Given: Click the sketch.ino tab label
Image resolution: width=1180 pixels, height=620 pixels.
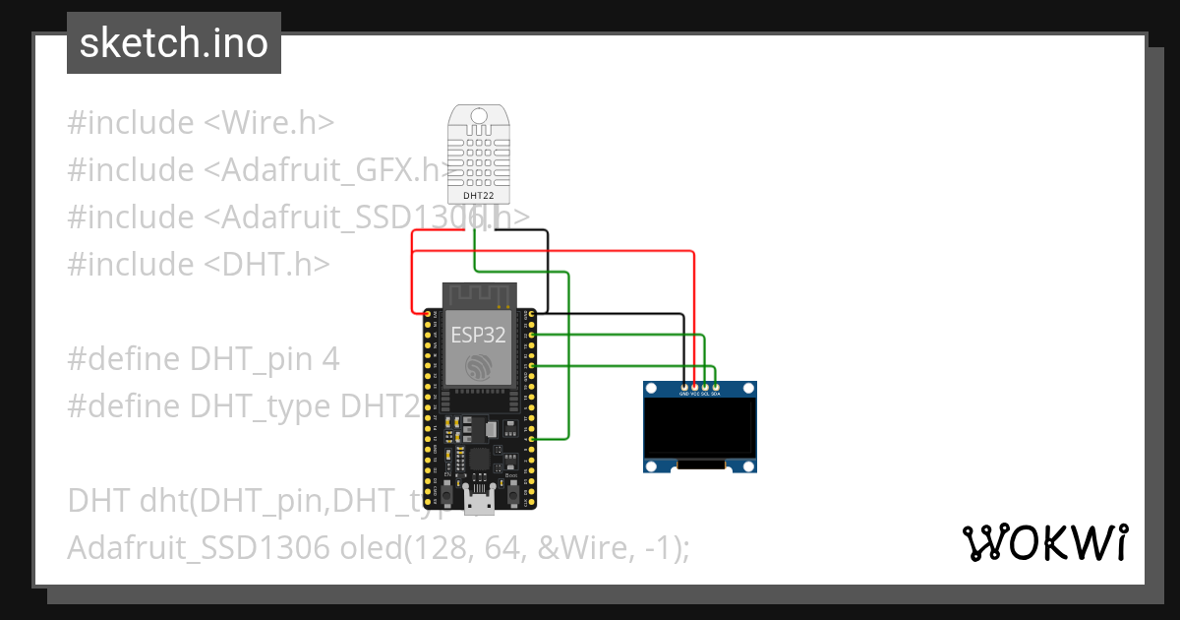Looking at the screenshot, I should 173,43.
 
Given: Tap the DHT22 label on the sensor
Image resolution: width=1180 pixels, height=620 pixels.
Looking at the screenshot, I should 478,196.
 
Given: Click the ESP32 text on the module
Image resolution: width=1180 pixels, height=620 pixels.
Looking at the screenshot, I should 478,335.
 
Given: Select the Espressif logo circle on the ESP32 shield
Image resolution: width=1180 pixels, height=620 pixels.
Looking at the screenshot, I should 479,367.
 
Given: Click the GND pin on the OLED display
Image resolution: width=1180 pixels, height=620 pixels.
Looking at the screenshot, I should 684,386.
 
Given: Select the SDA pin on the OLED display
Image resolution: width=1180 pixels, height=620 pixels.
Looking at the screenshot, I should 716,386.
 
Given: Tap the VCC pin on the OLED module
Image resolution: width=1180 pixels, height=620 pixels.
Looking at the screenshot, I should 695,386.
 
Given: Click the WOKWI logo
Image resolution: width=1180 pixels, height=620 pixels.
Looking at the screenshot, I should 1044,542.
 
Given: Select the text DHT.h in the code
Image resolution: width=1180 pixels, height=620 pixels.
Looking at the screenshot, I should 267,265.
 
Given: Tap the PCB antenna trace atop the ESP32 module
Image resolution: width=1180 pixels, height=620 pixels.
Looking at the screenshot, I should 478,292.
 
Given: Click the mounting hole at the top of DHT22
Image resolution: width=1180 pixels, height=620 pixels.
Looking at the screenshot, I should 479,116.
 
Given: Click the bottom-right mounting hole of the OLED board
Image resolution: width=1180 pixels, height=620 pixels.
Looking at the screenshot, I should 749,465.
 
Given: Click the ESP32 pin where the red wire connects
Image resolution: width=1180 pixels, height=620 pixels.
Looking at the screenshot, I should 428,315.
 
